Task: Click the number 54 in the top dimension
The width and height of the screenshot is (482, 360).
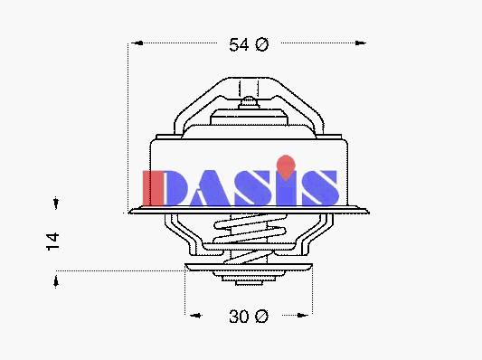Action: pos(239,44)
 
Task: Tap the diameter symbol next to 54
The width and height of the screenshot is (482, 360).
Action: pos(261,44)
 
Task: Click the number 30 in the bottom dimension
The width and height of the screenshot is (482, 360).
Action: pos(239,316)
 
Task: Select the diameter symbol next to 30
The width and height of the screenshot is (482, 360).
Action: pos(261,316)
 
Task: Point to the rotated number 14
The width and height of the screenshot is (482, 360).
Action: pos(52,242)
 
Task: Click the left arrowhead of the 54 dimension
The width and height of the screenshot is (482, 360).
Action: pos(137,43)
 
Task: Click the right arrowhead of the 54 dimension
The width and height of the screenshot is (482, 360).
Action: pos(360,43)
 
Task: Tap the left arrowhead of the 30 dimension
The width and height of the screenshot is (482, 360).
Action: pos(195,315)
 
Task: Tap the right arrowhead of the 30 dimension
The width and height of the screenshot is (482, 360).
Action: pos(302,315)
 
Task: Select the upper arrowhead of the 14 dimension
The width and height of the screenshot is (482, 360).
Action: pos(56,203)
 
